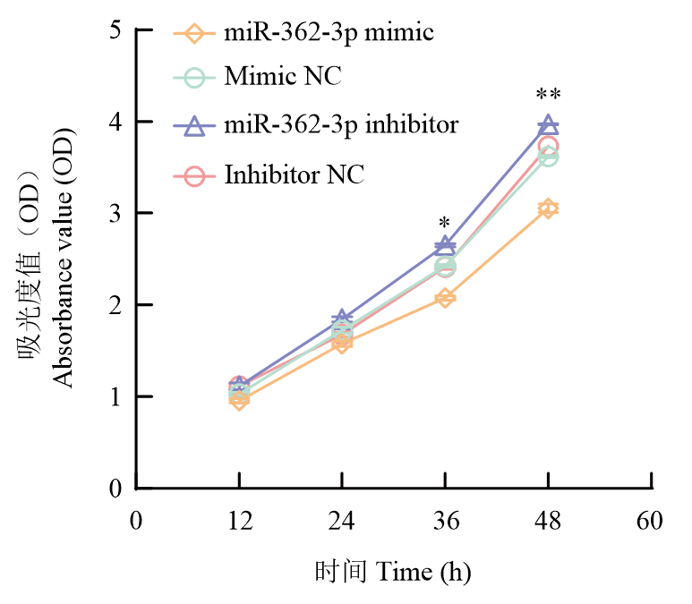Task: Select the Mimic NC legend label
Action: coord(283,77)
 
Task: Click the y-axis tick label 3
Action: coord(115,213)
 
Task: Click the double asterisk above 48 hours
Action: coord(548,96)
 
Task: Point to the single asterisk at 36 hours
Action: coord(445,224)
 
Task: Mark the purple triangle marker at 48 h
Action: coord(548,126)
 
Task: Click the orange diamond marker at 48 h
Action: coord(548,209)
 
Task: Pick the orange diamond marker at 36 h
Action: coord(445,298)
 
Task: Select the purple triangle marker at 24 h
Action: coord(342,319)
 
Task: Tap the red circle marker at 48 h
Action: coord(549,146)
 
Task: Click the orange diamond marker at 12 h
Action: coord(239,400)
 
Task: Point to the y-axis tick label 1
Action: coord(115,396)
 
